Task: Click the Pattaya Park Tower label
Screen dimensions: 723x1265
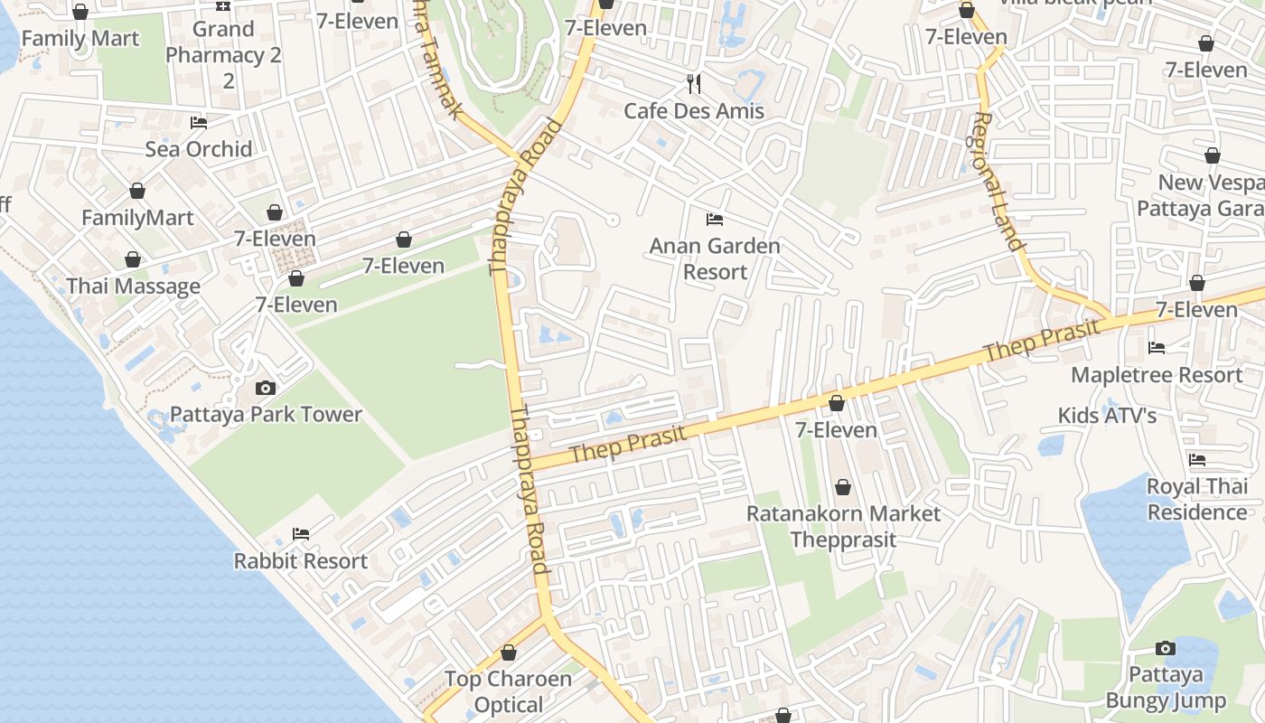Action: click(266, 415)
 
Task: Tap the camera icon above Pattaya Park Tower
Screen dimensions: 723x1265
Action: click(266, 388)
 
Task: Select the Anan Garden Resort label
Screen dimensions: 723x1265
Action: click(715, 258)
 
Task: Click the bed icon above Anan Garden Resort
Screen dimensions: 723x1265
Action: click(715, 220)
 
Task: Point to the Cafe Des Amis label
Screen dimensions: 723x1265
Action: click(694, 111)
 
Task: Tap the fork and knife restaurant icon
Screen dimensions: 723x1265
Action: click(694, 84)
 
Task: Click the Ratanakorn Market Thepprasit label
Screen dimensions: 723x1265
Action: click(843, 526)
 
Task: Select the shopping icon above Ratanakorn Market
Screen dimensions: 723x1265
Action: click(843, 488)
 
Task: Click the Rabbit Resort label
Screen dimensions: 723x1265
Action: click(301, 561)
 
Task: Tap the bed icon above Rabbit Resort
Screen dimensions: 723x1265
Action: click(301, 534)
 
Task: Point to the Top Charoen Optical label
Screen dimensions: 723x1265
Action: click(509, 691)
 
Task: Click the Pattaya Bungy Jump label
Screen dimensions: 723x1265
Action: click(1166, 688)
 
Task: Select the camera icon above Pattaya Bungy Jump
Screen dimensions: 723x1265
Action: click(1166, 648)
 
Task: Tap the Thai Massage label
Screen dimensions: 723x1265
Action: click(133, 286)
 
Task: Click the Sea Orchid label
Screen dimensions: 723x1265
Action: click(199, 149)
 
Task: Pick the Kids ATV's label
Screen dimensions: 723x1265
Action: click(1107, 416)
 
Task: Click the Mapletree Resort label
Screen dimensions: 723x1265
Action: click(1157, 374)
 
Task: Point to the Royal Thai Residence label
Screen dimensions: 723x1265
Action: click(1196, 499)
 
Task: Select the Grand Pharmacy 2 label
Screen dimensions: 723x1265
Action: click(223, 55)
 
